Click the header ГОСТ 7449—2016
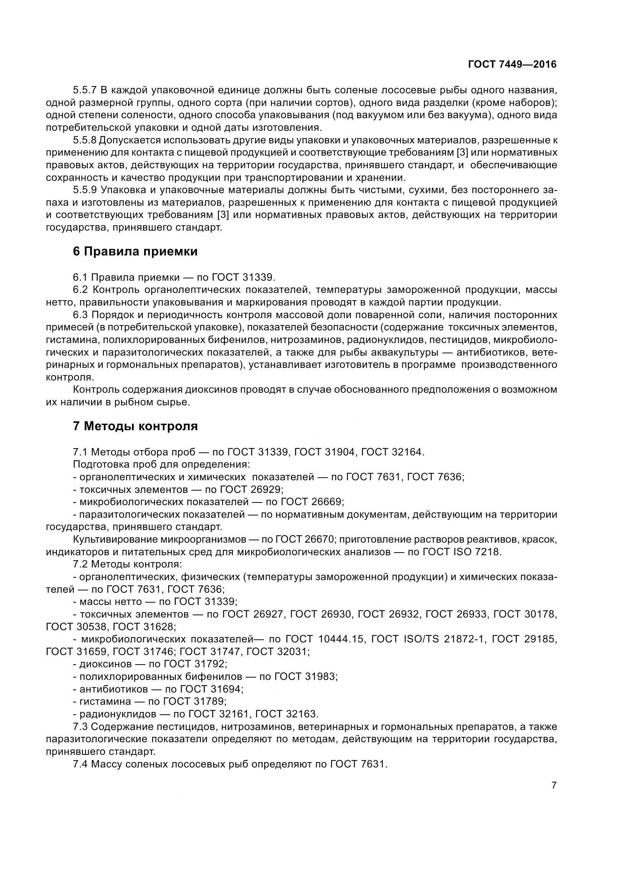pyautogui.click(x=512, y=65)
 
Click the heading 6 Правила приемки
pyautogui.click(x=135, y=252)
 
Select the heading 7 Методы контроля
pyautogui.click(x=135, y=426)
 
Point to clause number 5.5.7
pyautogui.click(x=85, y=90)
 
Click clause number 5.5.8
pyautogui.click(x=85, y=140)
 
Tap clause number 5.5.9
pyautogui.click(x=85, y=190)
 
